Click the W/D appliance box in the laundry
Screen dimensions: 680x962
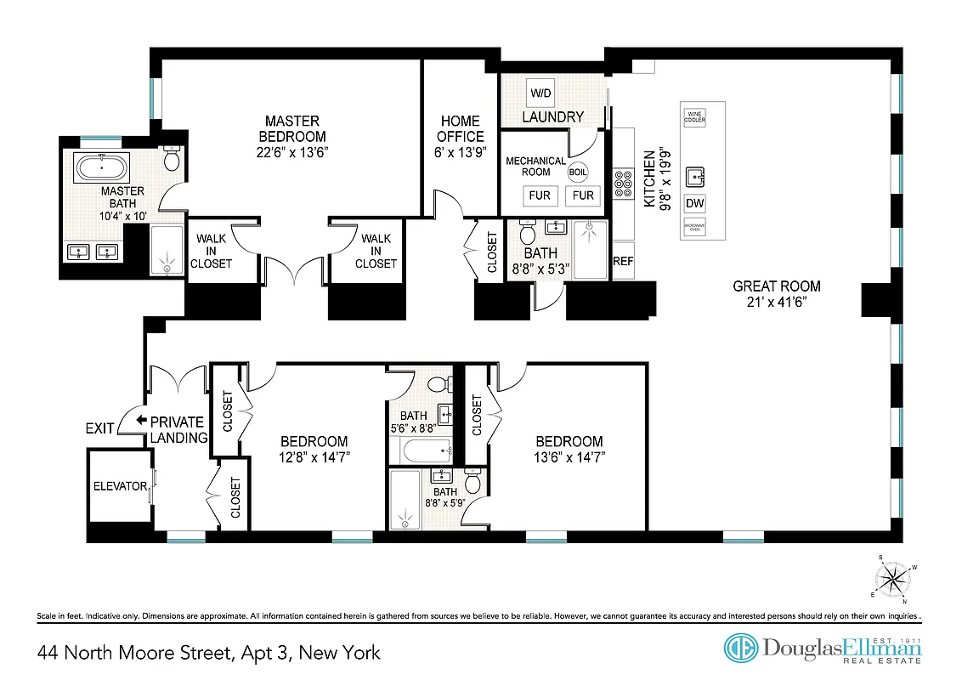click(x=540, y=93)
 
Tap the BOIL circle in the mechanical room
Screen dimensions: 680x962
click(x=579, y=171)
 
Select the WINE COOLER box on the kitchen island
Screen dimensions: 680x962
click(x=694, y=116)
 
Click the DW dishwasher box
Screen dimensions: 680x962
click(x=694, y=203)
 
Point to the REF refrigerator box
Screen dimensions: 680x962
click(x=623, y=261)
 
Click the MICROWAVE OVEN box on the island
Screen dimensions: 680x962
click(x=694, y=228)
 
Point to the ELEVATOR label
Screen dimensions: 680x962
click(x=120, y=487)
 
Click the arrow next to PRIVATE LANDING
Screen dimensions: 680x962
click(x=142, y=421)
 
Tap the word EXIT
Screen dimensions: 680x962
click(x=99, y=428)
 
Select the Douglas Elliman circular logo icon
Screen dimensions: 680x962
click(x=741, y=648)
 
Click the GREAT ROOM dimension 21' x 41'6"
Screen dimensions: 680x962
click(x=777, y=302)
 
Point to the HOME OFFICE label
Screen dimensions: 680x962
click(x=460, y=128)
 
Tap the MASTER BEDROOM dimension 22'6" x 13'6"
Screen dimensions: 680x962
click(x=291, y=152)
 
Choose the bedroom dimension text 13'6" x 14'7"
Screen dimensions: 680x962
click(x=569, y=457)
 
